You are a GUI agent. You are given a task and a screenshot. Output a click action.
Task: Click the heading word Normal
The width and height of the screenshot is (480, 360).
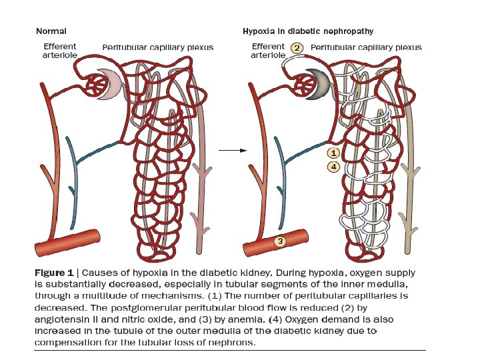(x=51, y=31)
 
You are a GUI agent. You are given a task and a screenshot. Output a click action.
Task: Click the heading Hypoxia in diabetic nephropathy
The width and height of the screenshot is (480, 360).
(x=307, y=31)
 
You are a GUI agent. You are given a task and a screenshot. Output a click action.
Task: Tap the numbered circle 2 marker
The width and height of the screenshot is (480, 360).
(x=297, y=48)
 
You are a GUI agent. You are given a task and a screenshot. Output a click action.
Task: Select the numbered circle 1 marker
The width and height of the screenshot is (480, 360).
(x=334, y=153)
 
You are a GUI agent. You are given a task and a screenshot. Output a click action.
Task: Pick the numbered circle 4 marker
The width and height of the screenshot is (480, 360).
(x=334, y=167)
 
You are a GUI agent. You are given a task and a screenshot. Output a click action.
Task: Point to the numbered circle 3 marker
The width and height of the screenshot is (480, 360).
(x=281, y=241)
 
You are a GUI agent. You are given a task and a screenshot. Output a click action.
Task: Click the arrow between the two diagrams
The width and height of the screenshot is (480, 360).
(x=229, y=150)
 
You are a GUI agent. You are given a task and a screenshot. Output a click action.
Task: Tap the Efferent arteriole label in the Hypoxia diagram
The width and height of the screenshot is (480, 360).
(x=268, y=51)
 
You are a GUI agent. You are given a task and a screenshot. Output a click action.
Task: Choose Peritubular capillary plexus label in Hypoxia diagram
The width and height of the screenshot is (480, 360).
(x=366, y=48)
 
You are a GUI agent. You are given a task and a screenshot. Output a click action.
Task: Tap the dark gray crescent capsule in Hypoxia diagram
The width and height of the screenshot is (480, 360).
(x=316, y=83)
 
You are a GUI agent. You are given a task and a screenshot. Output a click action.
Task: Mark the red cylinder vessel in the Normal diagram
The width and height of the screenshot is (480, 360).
(x=70, y=242)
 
